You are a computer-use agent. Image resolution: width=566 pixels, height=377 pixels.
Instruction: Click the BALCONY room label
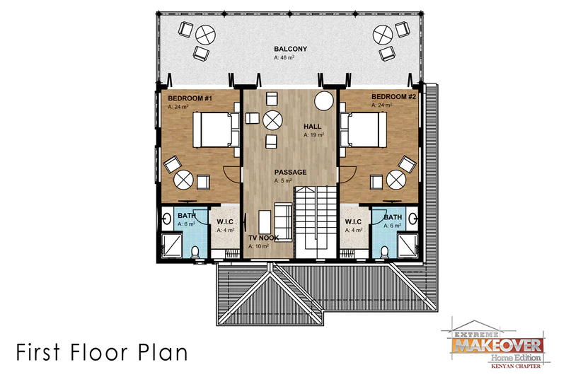(x=290, y=49)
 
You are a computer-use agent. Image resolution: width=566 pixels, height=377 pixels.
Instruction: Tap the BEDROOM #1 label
(x=190, y=98)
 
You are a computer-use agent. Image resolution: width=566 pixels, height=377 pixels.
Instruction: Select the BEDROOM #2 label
(x=393, y=97)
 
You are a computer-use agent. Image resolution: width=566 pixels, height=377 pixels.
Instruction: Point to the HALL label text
(x=312, y=127)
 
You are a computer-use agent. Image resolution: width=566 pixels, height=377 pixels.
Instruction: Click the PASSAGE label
(x=290, y=172)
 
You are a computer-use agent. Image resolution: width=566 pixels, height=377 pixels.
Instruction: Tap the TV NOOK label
(x=263, y=238)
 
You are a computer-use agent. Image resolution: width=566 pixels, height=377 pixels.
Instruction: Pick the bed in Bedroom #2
(x=363, y=129)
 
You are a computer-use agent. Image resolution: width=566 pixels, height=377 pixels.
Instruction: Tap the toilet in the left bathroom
(x=195, y=252)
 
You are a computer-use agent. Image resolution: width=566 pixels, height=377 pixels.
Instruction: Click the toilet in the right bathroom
(x=385, y=252)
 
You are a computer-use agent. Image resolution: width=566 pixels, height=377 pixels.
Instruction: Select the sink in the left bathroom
(x=167, y=219)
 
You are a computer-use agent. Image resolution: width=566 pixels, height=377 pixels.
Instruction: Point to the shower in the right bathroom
(x=408, y=245)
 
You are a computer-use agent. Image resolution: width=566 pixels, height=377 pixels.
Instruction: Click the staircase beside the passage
(x=316, y=222)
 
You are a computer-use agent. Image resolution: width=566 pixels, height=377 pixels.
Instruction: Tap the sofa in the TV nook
(x=283, y=222)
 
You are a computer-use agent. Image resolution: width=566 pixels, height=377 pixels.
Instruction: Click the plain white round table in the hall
(x=324, y=101)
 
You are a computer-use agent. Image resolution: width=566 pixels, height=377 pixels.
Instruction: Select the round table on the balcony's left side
(x=205, y=35)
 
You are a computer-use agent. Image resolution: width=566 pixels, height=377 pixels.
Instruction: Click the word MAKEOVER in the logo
(x=498, y=345)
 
